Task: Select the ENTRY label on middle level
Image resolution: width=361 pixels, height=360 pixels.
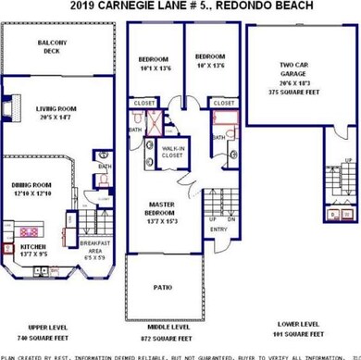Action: tap(218, 255)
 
